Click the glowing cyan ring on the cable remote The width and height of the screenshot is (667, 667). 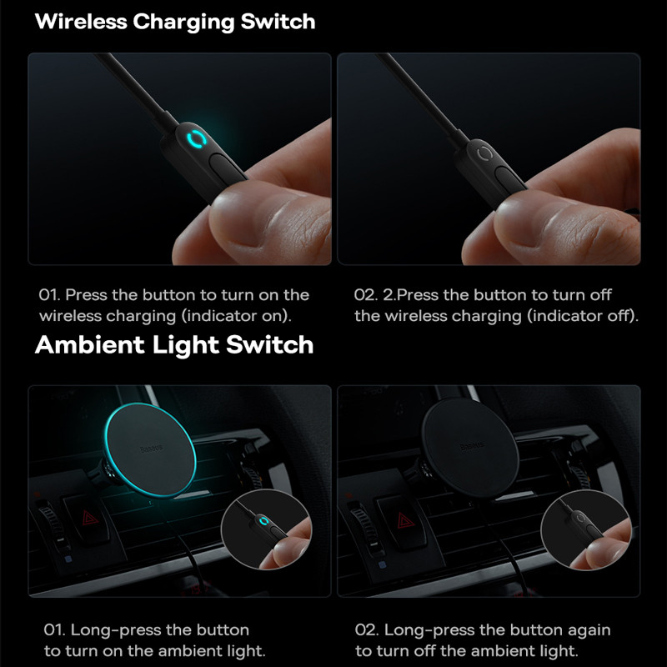point(196,138)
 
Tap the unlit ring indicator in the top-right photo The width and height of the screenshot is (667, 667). point(484,153)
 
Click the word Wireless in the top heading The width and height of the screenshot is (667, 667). point(81,22)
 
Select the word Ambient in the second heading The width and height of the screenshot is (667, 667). point(90,344)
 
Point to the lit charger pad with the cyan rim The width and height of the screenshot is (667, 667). point(151,449)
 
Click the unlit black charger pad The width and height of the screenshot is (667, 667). point(470,448)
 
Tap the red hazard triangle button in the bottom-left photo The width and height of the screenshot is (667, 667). point(90,518)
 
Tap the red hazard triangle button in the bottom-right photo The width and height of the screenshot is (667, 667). point(405,519)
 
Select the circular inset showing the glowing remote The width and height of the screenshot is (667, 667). point(266,529)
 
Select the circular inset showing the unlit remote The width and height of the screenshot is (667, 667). point(586,529)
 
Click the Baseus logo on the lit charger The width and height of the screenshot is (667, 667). point(152,449)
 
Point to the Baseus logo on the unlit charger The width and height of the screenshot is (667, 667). point(472,446)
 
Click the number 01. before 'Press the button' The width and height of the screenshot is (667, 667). point(49,295)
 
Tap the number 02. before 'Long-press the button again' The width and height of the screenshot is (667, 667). point(366,630)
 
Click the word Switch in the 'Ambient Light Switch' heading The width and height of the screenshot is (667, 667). point(269,344)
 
